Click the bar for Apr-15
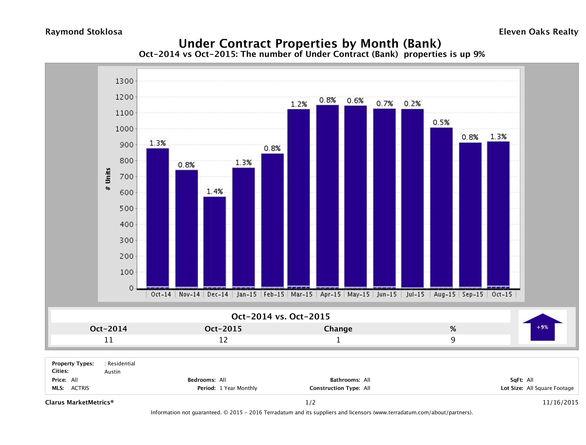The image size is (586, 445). pyautogui.click(x=327, y=196)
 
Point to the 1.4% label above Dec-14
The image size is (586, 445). pyautogui.click(x=215, y=191)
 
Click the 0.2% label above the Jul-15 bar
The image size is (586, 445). pyautogui.click(x=412, y=104)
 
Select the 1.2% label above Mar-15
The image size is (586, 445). pyautogui.click(x=299, y=104)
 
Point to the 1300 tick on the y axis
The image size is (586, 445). pyautogui.click(x=124, y=81)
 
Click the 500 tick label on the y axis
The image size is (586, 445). pyautogui.click(x=124, y=209)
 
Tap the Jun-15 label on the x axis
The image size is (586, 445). pyautogui.click(x=387, y=294)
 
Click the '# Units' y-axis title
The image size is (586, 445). pyautogui.click(x=108, y=179)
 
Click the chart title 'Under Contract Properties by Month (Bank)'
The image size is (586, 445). pyautogui.click(x=310, y=43)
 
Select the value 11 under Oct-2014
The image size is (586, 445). pyautogui.click(x=109, y=340)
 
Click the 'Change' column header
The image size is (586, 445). pyautogui.click(x=338, y=329)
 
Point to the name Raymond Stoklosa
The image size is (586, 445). pyautogui.click(x=84, y=32)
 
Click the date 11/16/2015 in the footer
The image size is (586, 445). pyautogui.click(x=560, y=402)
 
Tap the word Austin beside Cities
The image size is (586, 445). pyautogui.click(x=112, y=372)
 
